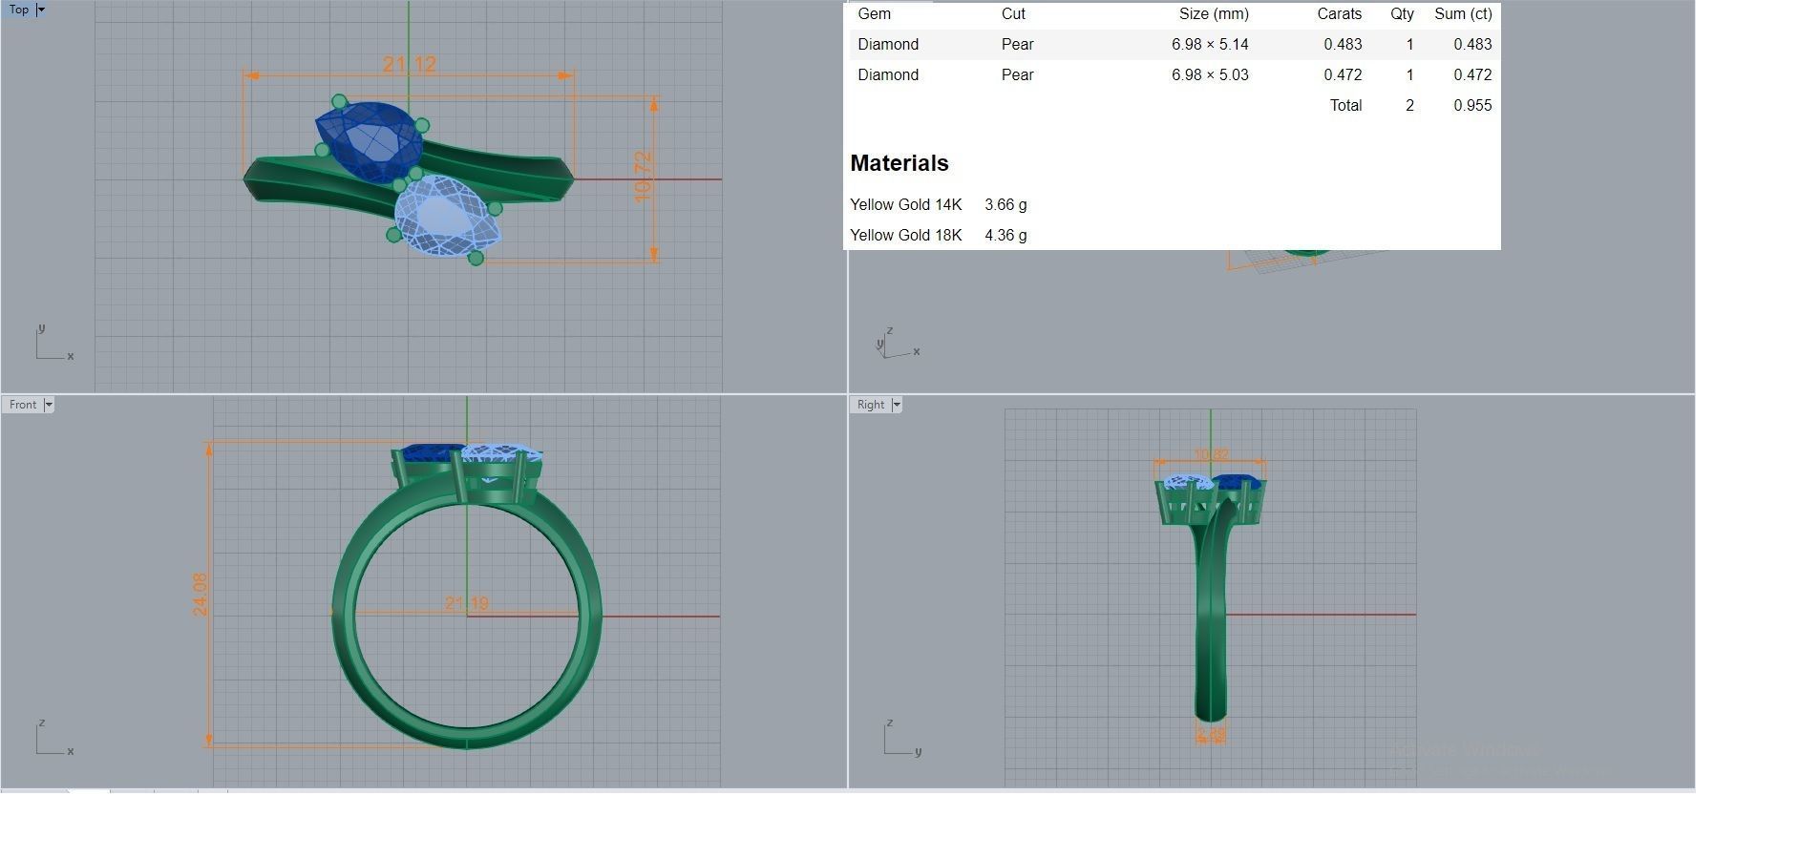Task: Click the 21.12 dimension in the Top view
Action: [410, 64]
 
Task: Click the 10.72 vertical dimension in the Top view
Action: [643, 177]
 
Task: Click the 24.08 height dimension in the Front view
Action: [200, 594]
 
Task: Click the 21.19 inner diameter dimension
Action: [467, 603]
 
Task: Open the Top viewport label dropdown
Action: [41, 10]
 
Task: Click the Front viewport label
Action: [23, 405]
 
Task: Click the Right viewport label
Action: [870, 405]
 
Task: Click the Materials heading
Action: [899, 163]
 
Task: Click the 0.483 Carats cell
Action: [1343, 44]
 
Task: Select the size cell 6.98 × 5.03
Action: [1210, 74]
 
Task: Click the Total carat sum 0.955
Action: [1472, 105]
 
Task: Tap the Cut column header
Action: [1013, 13]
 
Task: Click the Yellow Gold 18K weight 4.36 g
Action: [1005, 235]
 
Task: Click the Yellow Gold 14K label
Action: [905, 204]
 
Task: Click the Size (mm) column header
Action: [1214, 13]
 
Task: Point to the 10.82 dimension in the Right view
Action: [1211, 455]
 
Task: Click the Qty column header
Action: [1402, 13]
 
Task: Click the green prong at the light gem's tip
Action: [476, 257]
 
